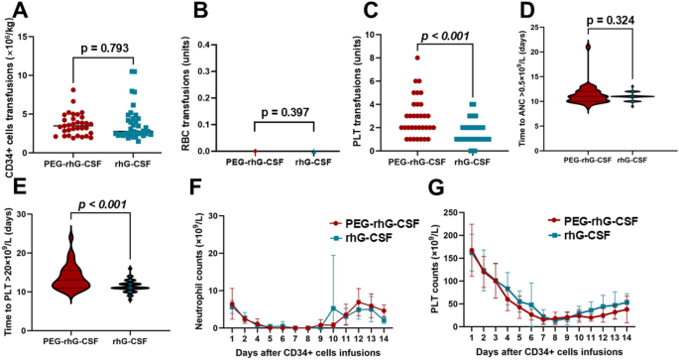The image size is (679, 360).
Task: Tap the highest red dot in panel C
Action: pyautogui.click(x=417, y=58)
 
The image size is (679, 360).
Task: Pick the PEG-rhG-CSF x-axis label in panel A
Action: pyautogui.click(x=78, y=164)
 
